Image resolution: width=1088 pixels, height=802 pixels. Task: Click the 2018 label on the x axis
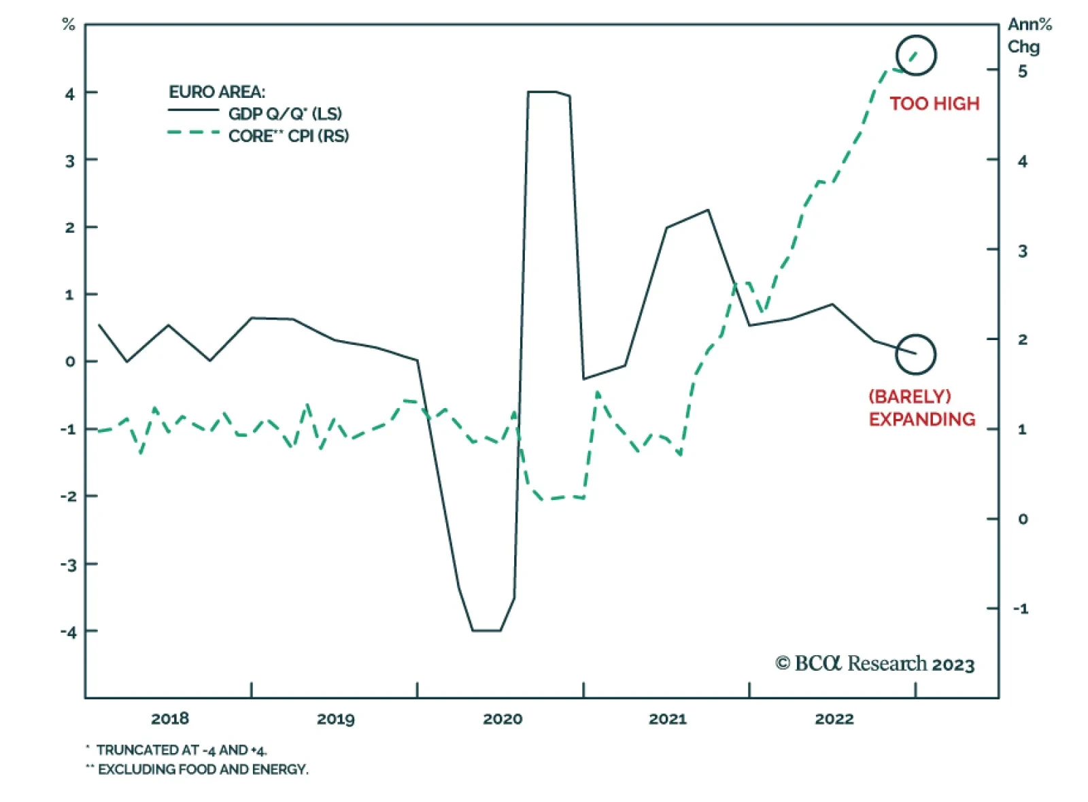tap(170, 719)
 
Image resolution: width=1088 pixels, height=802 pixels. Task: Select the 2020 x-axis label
tap(503, 719)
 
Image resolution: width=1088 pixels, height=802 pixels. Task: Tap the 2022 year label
tap(834, 719)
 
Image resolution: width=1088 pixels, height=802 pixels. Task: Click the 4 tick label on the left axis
tap(70, 93)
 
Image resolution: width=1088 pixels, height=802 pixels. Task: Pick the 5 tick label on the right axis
tap(1022, 71)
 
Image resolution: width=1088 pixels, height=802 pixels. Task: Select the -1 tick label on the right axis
tap(1021, 609)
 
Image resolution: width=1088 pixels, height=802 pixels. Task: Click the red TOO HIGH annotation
tap(934, 103)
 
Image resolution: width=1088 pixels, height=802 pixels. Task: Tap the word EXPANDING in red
tap(921, 419)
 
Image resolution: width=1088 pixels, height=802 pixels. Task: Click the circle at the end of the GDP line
tap(915, 354)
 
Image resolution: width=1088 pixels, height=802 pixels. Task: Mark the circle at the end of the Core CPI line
tap(916, 56)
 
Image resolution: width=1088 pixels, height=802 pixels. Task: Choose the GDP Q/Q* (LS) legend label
tap(285, 114)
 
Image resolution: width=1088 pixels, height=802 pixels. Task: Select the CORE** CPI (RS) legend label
tap(288, 136)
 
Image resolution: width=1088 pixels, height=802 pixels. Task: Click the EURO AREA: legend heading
tap(217, 92)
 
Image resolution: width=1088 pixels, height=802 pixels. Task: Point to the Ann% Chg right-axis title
tap(1028, 35)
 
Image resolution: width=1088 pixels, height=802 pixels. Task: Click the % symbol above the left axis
tap(68, 25)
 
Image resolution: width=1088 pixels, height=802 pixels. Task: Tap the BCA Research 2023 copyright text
tap(875, 664)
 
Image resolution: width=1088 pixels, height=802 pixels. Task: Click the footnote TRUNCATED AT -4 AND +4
tap(181, 750)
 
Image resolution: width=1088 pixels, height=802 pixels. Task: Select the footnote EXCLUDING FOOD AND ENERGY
tap(202, 769)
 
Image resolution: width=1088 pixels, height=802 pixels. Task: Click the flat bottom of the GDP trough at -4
tap(486, 631)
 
